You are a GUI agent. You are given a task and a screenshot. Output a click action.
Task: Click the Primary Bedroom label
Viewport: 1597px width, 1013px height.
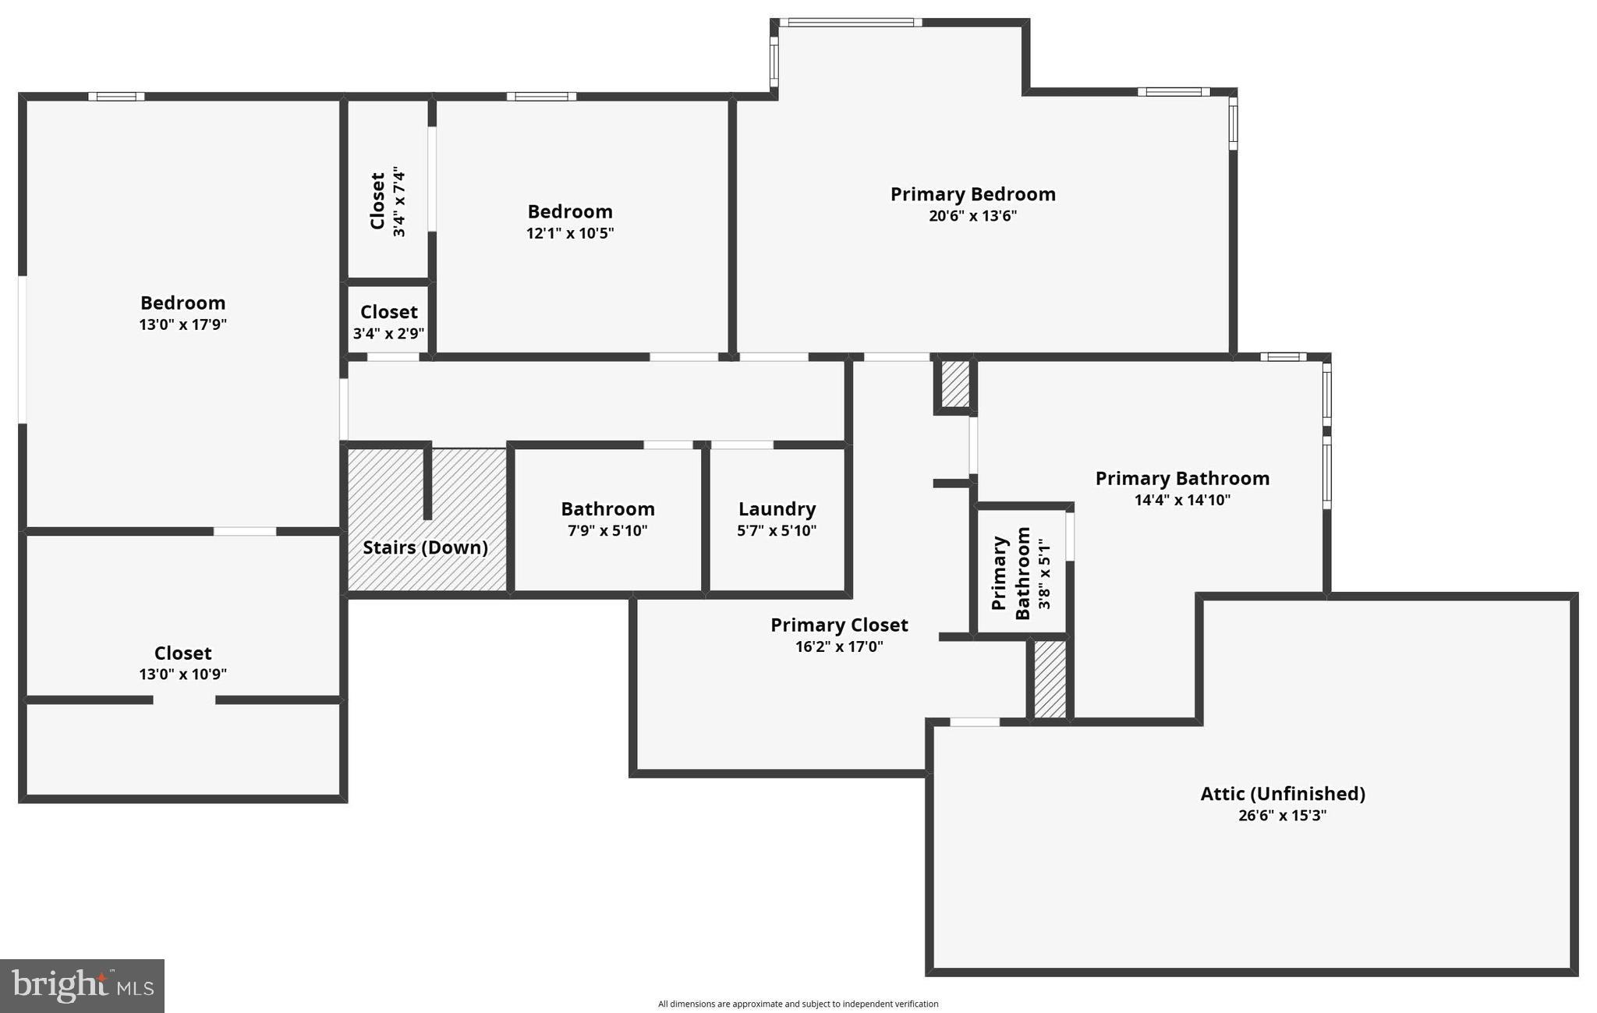972,194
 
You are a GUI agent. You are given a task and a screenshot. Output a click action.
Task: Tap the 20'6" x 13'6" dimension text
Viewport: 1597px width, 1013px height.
972,216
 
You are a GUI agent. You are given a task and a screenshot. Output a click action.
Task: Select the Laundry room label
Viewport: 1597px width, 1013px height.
777,509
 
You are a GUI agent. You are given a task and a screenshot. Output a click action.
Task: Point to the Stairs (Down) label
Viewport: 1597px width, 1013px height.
425,547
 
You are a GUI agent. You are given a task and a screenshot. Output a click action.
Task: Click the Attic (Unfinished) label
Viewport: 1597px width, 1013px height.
1282,794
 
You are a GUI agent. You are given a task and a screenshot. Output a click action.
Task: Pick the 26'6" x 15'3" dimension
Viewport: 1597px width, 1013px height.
1282,816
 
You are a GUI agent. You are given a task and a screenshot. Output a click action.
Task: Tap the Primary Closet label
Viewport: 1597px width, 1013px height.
839,625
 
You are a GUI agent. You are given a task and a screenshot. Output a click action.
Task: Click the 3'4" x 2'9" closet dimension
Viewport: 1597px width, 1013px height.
388,334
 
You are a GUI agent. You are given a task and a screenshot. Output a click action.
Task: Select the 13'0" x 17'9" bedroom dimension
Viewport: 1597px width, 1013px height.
182,324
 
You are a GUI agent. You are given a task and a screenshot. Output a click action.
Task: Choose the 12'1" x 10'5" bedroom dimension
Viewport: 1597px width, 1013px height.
570,233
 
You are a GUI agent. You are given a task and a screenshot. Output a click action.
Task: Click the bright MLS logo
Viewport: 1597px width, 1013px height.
82,986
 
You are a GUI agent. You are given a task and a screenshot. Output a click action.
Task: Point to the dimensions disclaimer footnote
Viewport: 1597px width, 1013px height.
798,1004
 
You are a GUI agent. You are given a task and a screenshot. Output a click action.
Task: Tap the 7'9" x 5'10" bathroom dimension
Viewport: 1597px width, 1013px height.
607,531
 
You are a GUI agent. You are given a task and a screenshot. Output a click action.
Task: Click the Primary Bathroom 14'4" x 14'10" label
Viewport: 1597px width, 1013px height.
1182,479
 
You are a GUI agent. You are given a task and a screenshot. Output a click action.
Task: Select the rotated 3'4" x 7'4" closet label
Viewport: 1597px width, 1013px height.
388,201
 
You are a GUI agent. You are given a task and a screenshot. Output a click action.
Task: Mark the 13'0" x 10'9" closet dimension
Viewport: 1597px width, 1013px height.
182,675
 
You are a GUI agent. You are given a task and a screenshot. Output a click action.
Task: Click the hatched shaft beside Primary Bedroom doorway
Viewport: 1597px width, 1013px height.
955,384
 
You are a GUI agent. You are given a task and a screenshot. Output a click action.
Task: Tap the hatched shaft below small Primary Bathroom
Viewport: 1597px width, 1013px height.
1050,678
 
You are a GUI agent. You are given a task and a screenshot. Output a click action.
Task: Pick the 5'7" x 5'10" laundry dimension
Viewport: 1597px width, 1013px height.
777,531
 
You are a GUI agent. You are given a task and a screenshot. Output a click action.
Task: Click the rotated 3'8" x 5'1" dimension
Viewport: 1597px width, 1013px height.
1044,574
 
